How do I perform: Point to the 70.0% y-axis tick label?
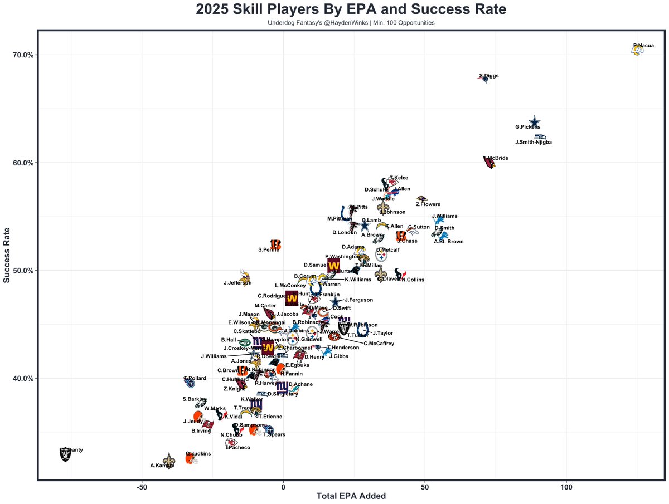[x=23, y=55]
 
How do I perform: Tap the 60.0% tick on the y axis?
[x=23, y=163]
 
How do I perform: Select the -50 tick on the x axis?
[x=142, y=485]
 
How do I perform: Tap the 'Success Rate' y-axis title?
[x=8, y=255]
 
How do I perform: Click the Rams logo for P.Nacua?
[x=637, y=50]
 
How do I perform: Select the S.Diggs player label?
[x=489, y=76]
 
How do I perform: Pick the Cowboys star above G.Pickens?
[x=535, y=121]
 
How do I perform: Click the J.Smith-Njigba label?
[x=534, y=143]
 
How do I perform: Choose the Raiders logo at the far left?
[x=65, y=454]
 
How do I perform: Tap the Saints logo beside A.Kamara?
[x=168, y=458]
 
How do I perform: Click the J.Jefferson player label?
[x=237, y=283]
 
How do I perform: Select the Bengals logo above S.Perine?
[x=275, y=244]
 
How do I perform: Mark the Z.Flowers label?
[x=428, y=204]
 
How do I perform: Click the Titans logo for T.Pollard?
[x=190, y=383]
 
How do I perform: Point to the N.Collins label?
[x=413, y=280]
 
